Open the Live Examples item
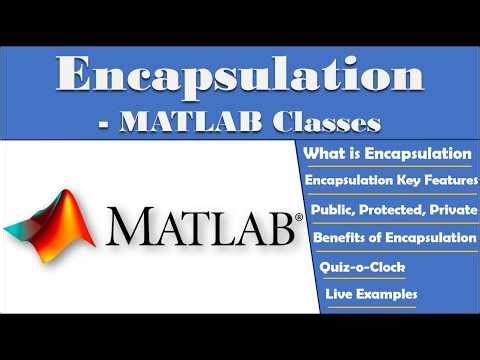[371, 295]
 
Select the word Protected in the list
[391, 210]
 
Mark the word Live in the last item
[339, 295]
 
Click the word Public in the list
[333, 210]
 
